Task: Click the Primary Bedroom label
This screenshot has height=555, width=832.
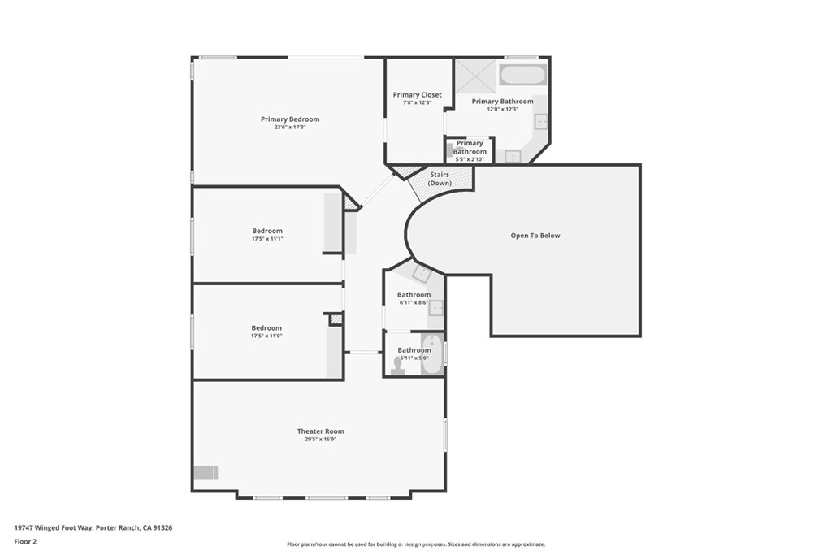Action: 289,119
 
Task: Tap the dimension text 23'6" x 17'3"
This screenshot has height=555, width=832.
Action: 289,128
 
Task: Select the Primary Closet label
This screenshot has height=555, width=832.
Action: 418,95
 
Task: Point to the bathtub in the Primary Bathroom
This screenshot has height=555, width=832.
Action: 523,76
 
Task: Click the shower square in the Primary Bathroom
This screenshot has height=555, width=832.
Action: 474,76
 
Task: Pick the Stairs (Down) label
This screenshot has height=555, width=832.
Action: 440,179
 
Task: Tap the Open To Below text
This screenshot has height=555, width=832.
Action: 535,236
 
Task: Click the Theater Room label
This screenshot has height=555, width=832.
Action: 320,431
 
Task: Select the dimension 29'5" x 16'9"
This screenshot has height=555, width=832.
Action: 320,440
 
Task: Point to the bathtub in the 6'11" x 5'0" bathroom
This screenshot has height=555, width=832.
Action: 431,355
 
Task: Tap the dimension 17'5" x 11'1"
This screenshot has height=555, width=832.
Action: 266,239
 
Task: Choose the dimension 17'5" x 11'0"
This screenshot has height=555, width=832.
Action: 266,336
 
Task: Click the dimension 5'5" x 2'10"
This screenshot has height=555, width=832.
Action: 470,159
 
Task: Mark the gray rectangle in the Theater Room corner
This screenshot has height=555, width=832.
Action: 206,473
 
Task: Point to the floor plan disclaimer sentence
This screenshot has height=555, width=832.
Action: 415,544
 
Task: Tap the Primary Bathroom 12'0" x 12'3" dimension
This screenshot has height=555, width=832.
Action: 502,109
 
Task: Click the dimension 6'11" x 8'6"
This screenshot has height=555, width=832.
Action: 414,302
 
